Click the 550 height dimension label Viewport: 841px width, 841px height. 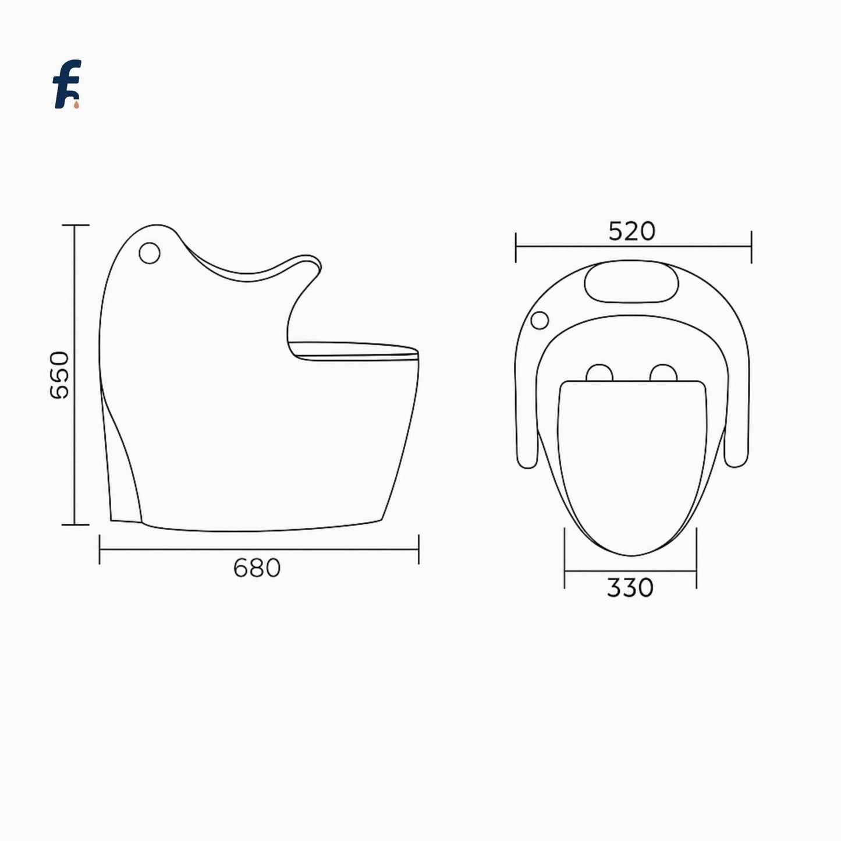pyautogui.click(x=60, y=375)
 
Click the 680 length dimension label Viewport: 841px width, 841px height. pyautogui.click(x=257, y=568)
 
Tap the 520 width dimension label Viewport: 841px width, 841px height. pyautogui.click(x=632, y=232)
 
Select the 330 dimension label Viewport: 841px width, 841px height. pyautogui.click(x=630, y=588)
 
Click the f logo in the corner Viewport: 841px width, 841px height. pyautogui.click(x=66, y=84)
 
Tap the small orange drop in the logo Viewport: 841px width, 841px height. pyautogui.click(x=76, y=105)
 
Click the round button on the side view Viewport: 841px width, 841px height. pyautogui.click(x=150, y=253)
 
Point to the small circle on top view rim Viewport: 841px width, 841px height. pyautogui.click(x=540, y=320)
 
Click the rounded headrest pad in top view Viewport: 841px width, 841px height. pyautogui.click(x=631, y=282)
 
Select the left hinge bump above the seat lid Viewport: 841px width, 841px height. pyautogui.click(x=599, y=373)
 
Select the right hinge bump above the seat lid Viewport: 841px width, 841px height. pyautogui.click(x=663, y=373)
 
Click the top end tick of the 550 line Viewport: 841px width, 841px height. pyautogui.click(x=75, y=225)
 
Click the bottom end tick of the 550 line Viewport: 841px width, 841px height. pyautogui.click(x=75, y=524)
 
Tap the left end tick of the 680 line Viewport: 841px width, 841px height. pyautogui.click(x=100, y=549)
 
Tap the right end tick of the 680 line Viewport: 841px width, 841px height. pyautogui.click(x=418, y=549)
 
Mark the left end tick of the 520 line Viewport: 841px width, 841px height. pyautogui.click(x=516, y=246)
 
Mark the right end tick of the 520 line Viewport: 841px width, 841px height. pyautogui.click(x=751, y=246)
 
